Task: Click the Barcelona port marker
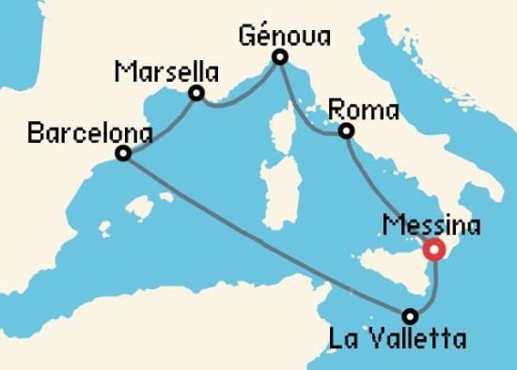[x=123, y=153]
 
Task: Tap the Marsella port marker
[x=196, y=93]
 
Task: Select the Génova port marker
[x=279, y=58]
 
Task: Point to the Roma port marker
[x=347, y=131]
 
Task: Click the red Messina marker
[x=433, y=250]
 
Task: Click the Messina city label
[x=433, y=226]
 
